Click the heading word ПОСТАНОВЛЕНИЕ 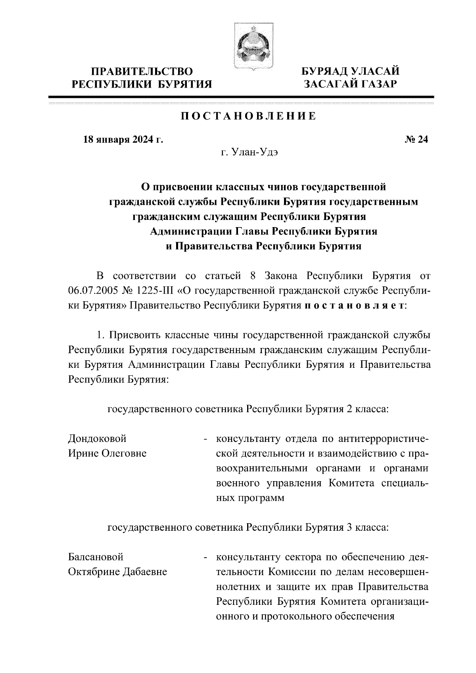coord(249,116)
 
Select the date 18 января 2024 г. coord(123,140)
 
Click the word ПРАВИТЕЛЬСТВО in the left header coord(142,72)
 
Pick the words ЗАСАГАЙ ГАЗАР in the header coord(350,84)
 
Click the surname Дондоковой coord(98,439)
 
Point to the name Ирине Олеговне coord(107,453)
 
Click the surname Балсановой coord(96,557)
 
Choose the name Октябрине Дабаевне coord(117,572)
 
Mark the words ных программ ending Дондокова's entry coord(250,498)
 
